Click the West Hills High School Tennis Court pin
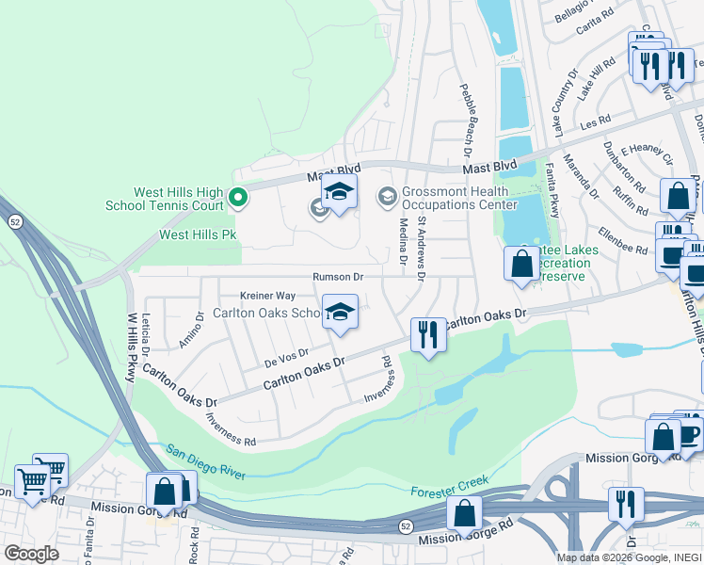pyautogui.click(x=238, y=198)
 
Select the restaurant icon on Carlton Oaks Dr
pyautogui.click(x=427, y=334)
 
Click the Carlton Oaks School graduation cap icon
pyautogui.click(x=340, y=313)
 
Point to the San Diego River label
pyautogui.click(x=206, y=461)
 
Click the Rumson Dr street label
pyautogui.click(x=339, y=277)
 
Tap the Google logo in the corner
pyautogui.click(x=31, y=554)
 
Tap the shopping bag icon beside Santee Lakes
pyautogui.click(x=521, y=265)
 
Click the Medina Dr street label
pyautogui.click(x=403, y=243)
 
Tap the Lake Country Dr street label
pyautogui.click(x=564, y=102)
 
